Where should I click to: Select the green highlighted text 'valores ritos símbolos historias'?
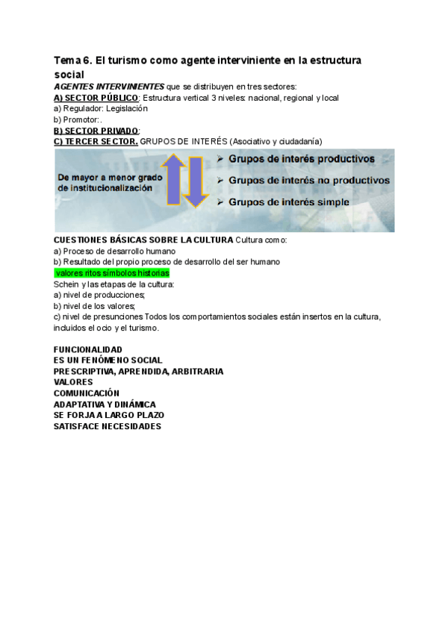tap(111, 273)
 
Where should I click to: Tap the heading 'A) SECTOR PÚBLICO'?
tap(96, 98)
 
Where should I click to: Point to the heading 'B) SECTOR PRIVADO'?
tap(96, 131)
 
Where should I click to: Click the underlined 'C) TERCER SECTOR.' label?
tap(96, 141)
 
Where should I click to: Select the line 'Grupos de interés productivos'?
tap(302, 159)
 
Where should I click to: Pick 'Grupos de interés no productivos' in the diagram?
tap(308, 180)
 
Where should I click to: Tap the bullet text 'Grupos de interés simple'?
tap(290, 202)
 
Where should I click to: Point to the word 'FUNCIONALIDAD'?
tap(88, 349)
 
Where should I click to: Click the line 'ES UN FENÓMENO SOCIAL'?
tap(108, 360)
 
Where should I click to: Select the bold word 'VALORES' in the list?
tap(73, 382)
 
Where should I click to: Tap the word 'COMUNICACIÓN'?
tap(87, 393)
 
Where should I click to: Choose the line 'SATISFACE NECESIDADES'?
tap(108, 426)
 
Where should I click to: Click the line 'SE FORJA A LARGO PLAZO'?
tap(109, 415)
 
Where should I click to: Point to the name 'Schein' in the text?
tap(66, 284)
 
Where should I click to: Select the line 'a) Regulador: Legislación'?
tap(101, 108)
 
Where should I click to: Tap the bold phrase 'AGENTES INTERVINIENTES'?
tap(109, 87)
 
